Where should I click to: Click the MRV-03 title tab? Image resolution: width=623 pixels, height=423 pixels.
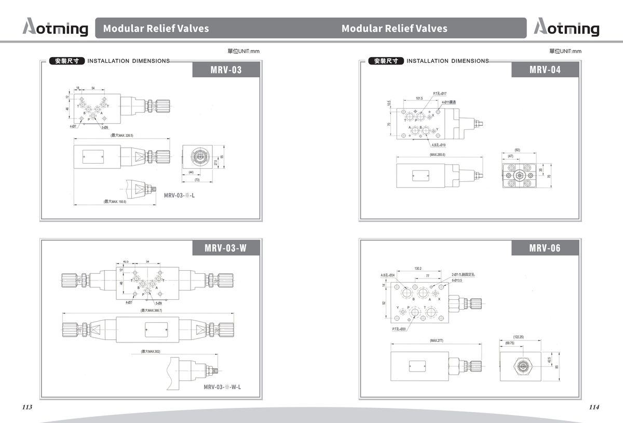pos(226,70)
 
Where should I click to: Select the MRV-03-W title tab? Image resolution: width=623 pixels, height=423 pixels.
pos(225,248)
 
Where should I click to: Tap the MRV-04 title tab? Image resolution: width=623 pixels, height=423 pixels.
pos(545,70)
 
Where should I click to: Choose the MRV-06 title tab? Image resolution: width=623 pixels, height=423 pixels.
pos(545,248)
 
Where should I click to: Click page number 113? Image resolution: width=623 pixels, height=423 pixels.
pos(28,407)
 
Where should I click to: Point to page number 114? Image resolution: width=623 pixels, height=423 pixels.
pos(594,407)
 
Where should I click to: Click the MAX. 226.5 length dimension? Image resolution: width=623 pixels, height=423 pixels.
pos(122,136)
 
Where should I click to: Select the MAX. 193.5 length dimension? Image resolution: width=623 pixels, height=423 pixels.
pos(115,202)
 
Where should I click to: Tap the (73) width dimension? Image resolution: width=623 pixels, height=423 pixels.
pos(197,179)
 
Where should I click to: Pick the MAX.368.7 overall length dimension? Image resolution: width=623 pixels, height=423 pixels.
pos(151,310)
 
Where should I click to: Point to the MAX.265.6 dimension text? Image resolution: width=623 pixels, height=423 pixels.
pos(437,155)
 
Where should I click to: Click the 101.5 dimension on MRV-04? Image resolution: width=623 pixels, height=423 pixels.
pos(419,98)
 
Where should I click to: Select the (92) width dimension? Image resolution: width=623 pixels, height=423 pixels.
pos(517,150)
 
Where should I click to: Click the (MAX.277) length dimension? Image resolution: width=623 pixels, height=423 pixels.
pos(437,340)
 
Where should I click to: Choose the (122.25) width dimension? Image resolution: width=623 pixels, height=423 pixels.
pos(518,337)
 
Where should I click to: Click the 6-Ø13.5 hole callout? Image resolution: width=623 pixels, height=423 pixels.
pos(457,280)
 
